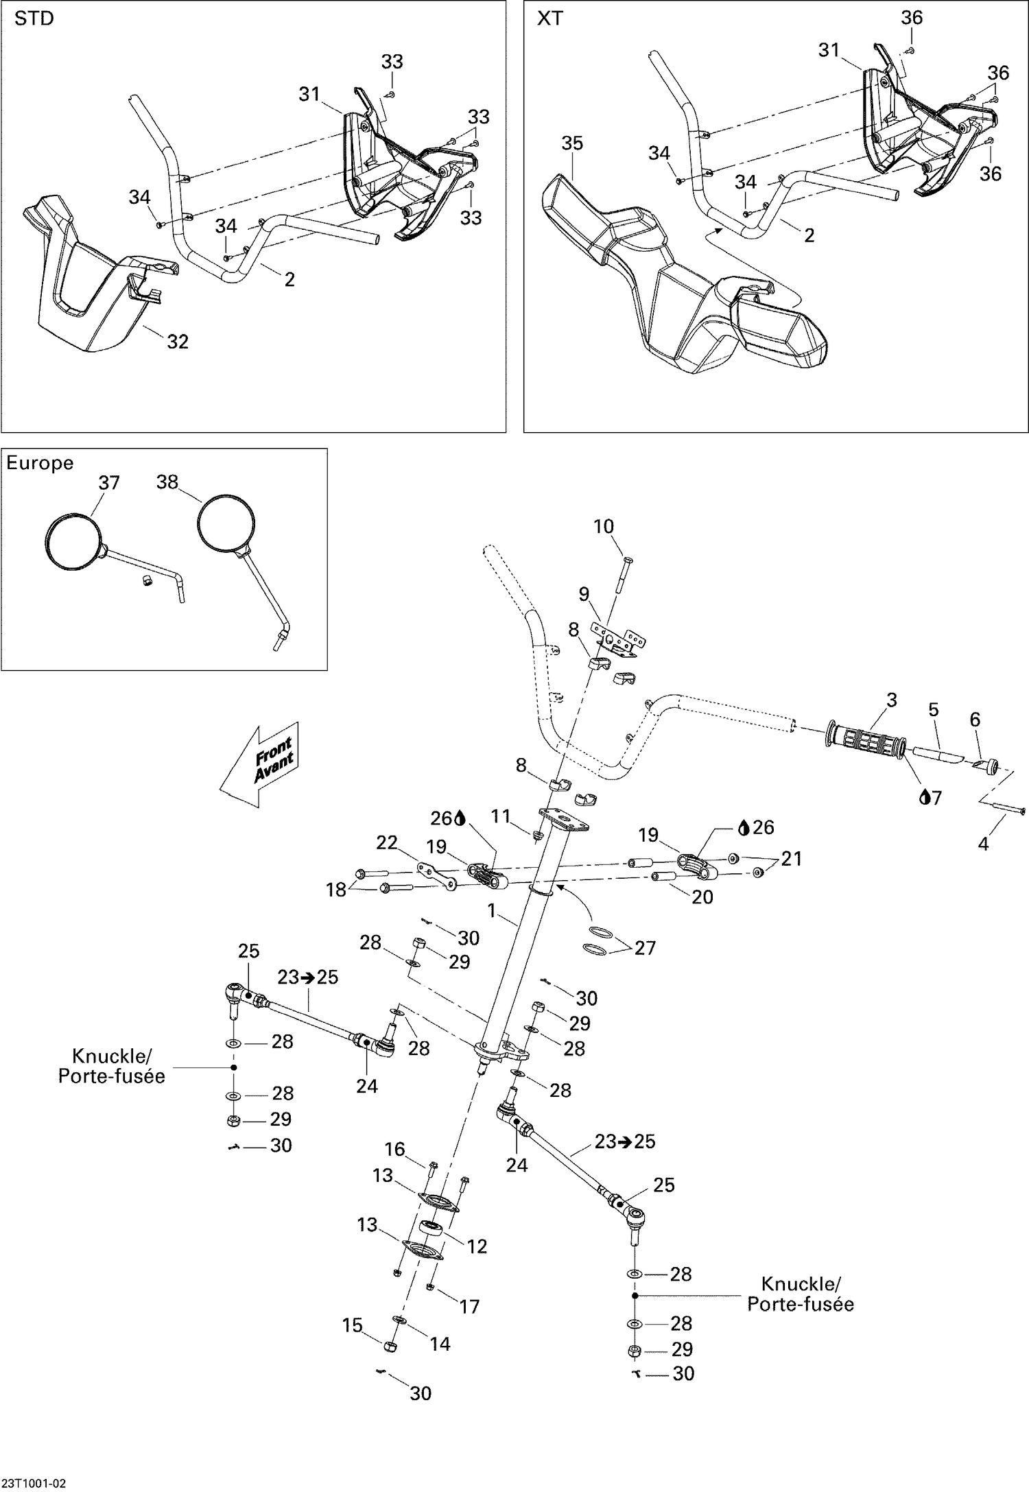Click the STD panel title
(34, 19)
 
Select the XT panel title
(549, 19)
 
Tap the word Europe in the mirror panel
(40, 463)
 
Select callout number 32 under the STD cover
(178, 341)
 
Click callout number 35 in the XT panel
(571, 143)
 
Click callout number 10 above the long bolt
(603, 526)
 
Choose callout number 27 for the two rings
(645, 947)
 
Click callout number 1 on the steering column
(491, 910)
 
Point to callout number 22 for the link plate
(387, 842)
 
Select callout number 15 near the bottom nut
(353, 1325)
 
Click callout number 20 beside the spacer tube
(702, 897)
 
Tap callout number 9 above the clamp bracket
(584, 594)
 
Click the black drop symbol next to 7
(924, 797)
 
